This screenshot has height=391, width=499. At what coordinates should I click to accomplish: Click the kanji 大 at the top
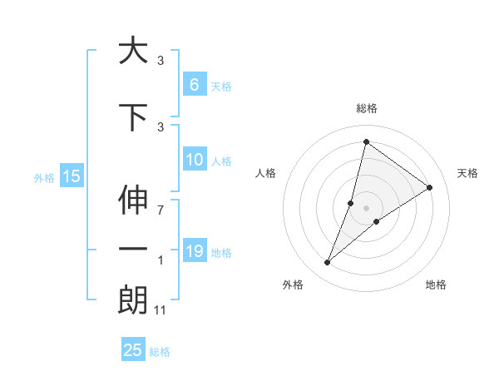pyautogui.click(x=133, y=51)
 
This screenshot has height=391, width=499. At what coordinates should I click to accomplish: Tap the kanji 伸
pyautogui.click(x=133, y=203)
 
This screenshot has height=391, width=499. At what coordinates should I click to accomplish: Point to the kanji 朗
pyautogui.click(x=133, y=302)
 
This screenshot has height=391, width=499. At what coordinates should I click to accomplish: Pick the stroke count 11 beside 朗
pyautogui.click(x=161, y=310)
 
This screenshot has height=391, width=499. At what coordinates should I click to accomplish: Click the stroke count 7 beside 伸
pyautogui.click(x=160, y=210)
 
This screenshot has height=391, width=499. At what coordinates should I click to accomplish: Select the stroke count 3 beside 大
pyautogui.click(x=161, y=61)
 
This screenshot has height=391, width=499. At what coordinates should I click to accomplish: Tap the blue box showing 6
pyautogui.click(x=193, y=85)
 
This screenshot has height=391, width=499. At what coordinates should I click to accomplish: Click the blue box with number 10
pyautogui.click(x=195, y=161)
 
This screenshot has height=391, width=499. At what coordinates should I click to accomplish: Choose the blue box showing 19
pyautogui.click(x=195, y=251)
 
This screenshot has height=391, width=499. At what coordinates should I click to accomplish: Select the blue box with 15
pyautogui.click(x=71, y=176)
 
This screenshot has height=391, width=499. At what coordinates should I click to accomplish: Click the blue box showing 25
pyautogui.click(x=133, y=350)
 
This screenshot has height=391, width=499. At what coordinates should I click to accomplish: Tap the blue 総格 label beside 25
pyautogui.click(x=161, y=352)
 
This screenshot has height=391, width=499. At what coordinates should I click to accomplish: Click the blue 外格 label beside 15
pyautogui.click(x=44, y=177)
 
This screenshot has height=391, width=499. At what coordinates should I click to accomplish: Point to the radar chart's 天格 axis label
pyautogui.click(x=467, y=173)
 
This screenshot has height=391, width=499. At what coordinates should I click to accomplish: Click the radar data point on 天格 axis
pyautogui.click(x=429, y=188)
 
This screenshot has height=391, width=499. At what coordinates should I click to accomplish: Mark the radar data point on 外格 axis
pyautogui.click(x=328, y=263)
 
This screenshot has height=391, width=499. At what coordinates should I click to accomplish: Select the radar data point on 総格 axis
pyautogui.click(x=366, y=142)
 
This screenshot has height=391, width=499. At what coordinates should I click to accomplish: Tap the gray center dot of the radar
pyautogui.click(x=366, y=208)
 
